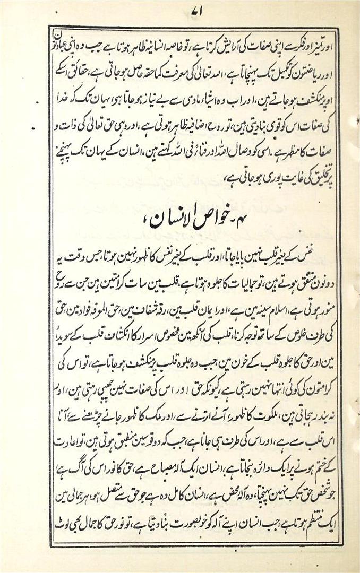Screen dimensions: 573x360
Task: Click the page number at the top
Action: coord(181,11)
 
